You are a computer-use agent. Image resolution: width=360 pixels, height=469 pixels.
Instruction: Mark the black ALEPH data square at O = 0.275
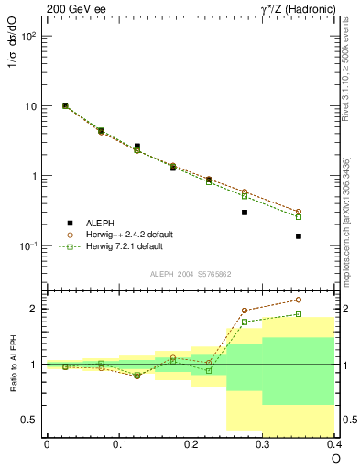(245, 213)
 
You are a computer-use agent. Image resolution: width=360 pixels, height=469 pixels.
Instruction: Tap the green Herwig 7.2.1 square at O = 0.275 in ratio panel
(245, 322)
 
